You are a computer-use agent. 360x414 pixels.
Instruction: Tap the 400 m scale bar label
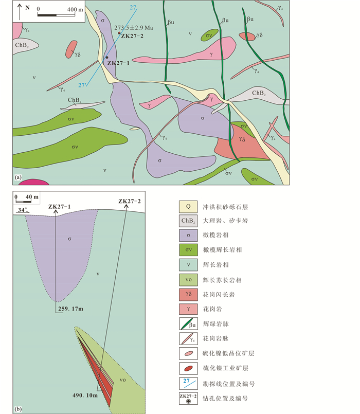pos(75,9)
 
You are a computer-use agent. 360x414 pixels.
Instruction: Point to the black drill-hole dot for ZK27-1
pos(107,57)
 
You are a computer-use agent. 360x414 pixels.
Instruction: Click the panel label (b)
pos(19,409)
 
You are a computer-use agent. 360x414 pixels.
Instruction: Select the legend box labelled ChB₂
pos(188,222)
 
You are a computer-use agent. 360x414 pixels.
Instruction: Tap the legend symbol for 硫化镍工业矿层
pos(188,368)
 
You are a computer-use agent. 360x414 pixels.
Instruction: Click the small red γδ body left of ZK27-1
pos(71,49)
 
